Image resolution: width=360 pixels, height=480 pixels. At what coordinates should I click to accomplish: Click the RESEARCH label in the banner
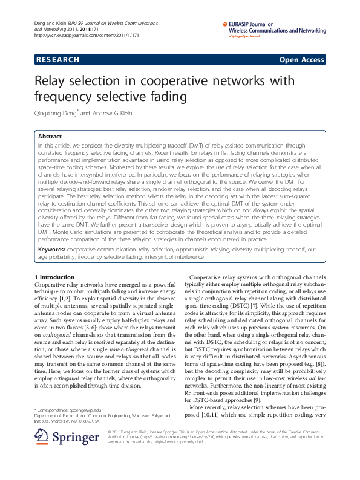57,60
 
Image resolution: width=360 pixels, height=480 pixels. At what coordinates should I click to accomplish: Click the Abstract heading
50,137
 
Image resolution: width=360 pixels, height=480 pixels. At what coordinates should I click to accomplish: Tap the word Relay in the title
56,81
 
